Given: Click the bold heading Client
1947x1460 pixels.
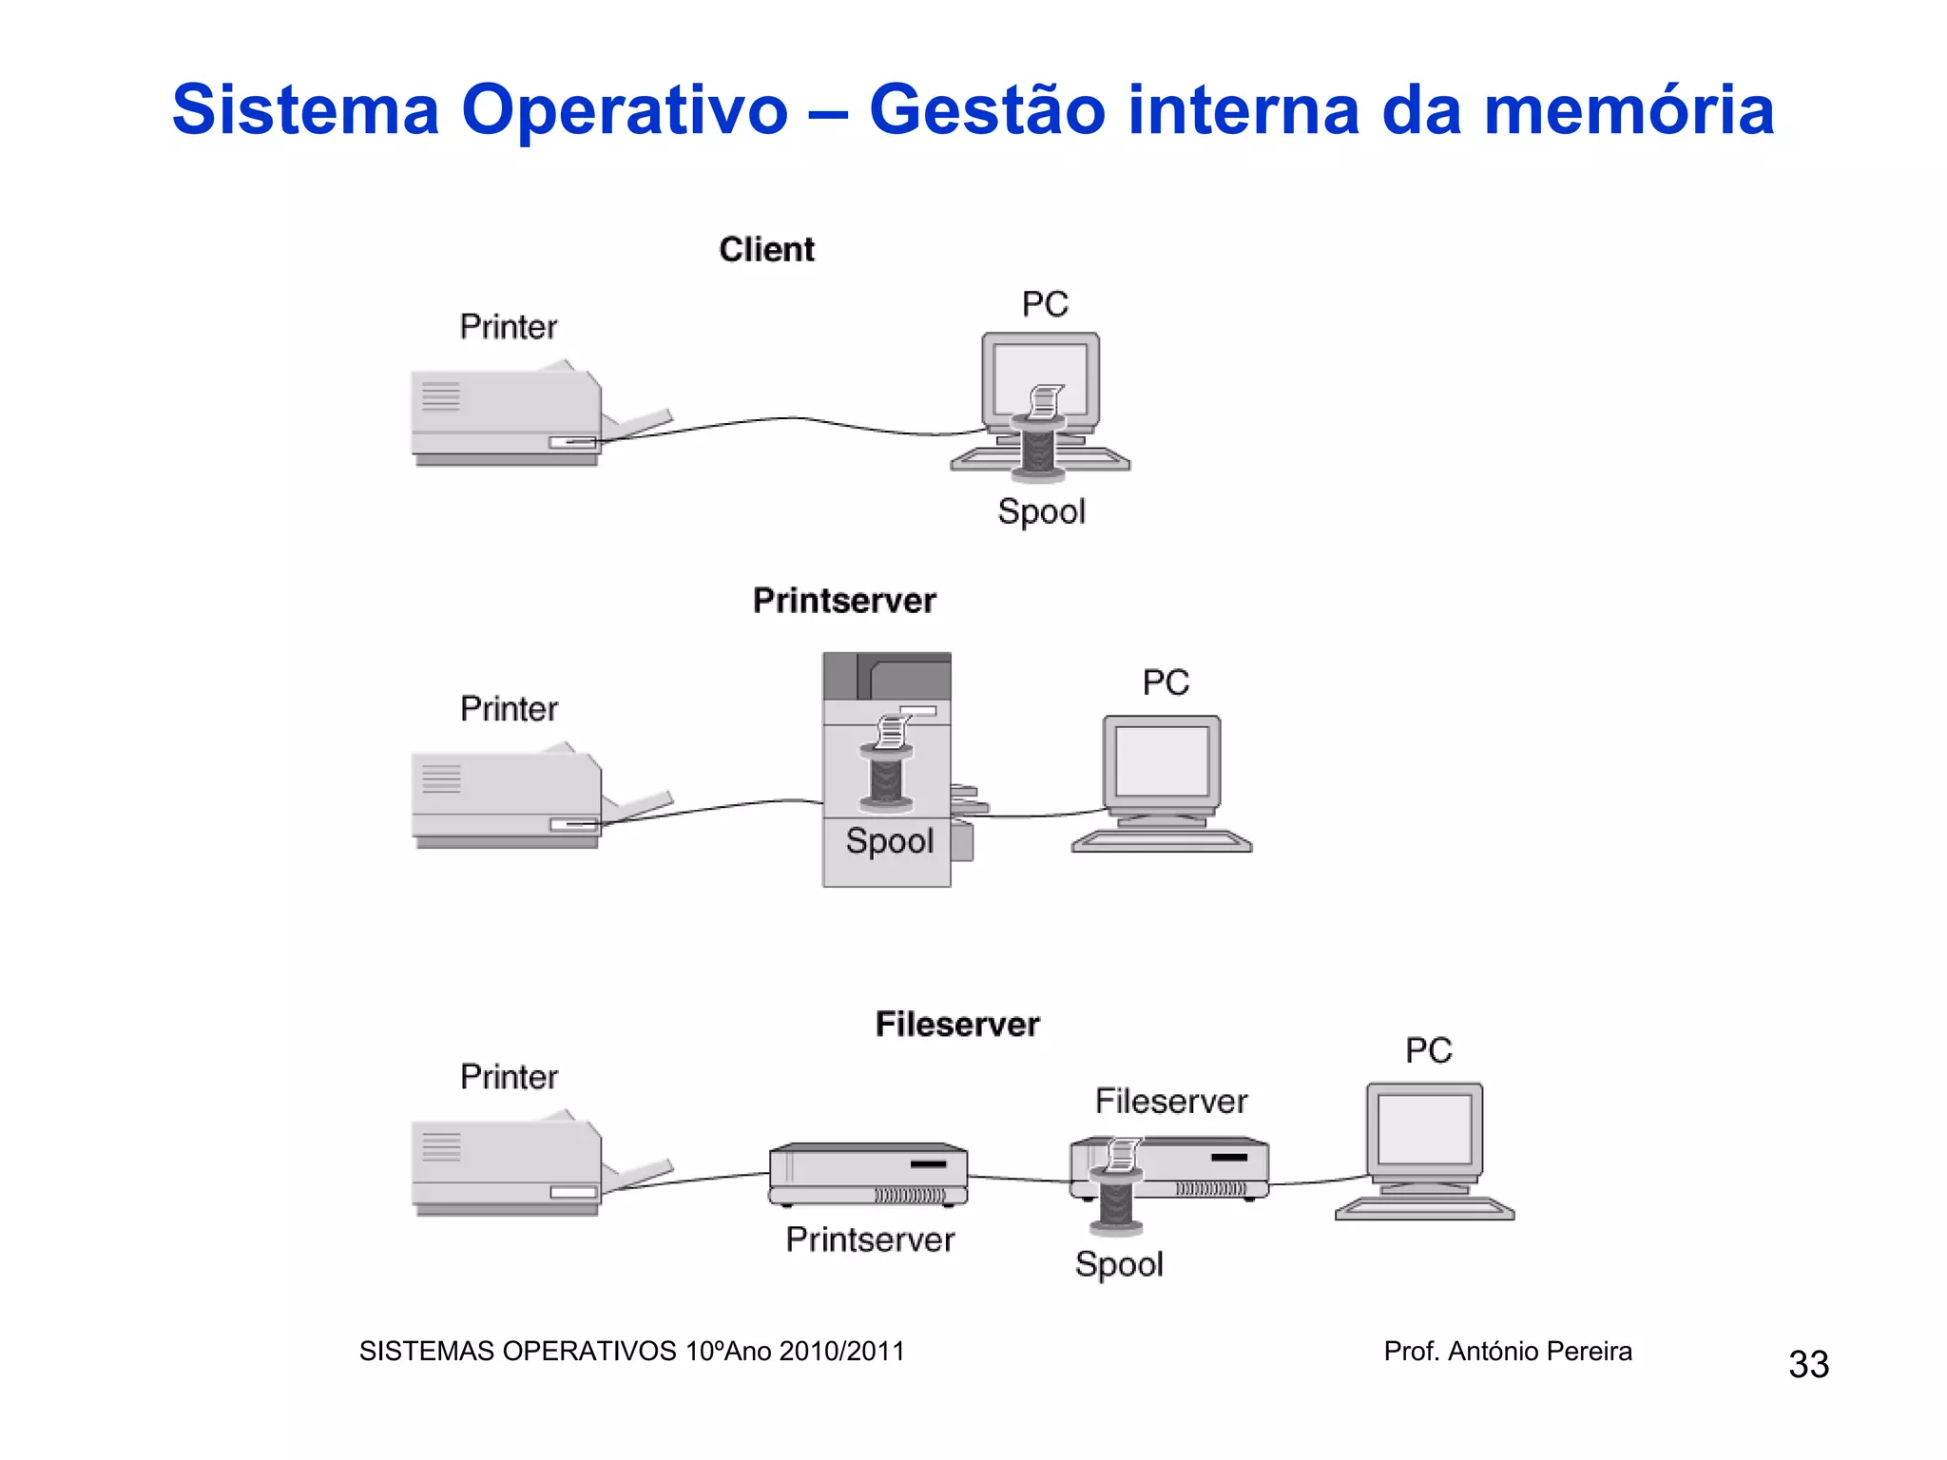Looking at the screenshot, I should tap(766, 250).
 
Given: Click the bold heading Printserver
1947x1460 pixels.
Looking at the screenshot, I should tap(844, 601).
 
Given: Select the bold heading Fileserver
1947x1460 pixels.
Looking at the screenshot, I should tap(957, 1025).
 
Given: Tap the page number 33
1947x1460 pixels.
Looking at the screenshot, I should tap(1808, 1365).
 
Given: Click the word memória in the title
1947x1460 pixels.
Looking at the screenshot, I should tap(1629, 109).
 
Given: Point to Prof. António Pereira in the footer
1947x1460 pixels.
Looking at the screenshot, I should tap(1508, 1351).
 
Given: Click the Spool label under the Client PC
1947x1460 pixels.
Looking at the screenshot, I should tap(1041, 512).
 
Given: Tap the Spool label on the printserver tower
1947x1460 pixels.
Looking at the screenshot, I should tap(890, 841).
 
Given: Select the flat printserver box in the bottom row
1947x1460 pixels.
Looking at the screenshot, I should tap(868, 1174).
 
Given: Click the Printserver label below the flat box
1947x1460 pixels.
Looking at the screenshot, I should tap(870, 1239).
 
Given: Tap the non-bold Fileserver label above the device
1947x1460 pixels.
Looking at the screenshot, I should tap(1171, 1102).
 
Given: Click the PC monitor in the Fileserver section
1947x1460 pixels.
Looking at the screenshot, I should tap(1424, 1130).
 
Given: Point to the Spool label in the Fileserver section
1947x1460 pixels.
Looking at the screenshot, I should tap(1119, 1265).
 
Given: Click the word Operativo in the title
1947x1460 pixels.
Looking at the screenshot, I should tap(625, 109).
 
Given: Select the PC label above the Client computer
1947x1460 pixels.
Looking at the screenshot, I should tap(1045, 304).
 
